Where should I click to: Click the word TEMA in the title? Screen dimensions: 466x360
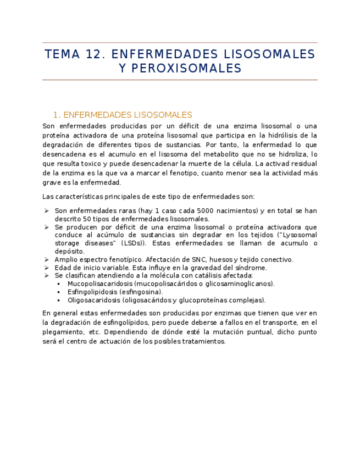click(61, 54)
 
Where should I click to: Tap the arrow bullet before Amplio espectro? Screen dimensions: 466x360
click(47, 259)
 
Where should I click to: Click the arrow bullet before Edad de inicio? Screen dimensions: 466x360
click(47, 268)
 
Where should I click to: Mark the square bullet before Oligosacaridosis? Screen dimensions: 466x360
click(59, 300)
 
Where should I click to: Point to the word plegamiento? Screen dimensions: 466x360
click(63, 332)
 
